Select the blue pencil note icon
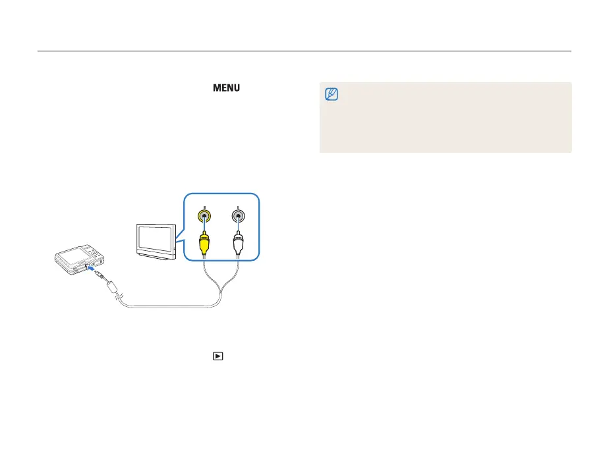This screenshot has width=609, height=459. click(x=332, y=95)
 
